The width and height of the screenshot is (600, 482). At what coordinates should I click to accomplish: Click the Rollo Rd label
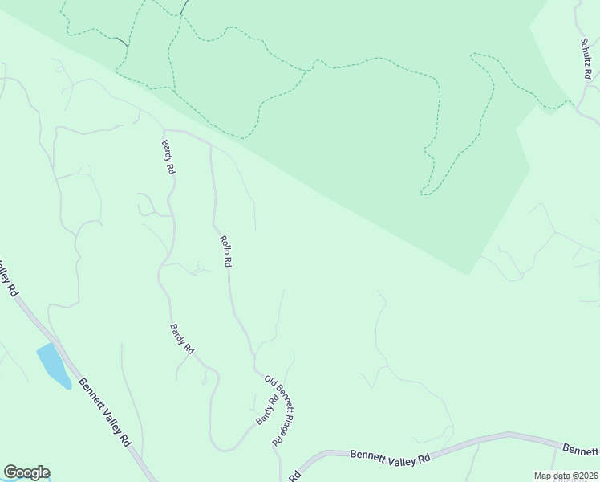(x=226, y=251)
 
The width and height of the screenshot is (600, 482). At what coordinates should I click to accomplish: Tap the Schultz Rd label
(x=586, y=58)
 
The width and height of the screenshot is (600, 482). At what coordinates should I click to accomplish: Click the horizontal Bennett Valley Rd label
(x=391, y=455)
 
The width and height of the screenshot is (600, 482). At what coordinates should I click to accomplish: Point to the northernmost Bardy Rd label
(x=168, y=157)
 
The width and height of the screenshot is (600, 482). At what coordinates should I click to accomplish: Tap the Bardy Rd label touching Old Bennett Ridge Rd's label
(x=266, y=411)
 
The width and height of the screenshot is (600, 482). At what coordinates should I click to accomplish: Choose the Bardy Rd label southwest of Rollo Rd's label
(x=182, y=339)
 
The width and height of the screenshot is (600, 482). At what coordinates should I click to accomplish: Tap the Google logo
(x=26, y=472)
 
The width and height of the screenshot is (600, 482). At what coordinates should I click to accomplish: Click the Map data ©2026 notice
(x=566, y=476)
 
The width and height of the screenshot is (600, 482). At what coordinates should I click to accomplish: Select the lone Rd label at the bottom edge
(x=294, y=476)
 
